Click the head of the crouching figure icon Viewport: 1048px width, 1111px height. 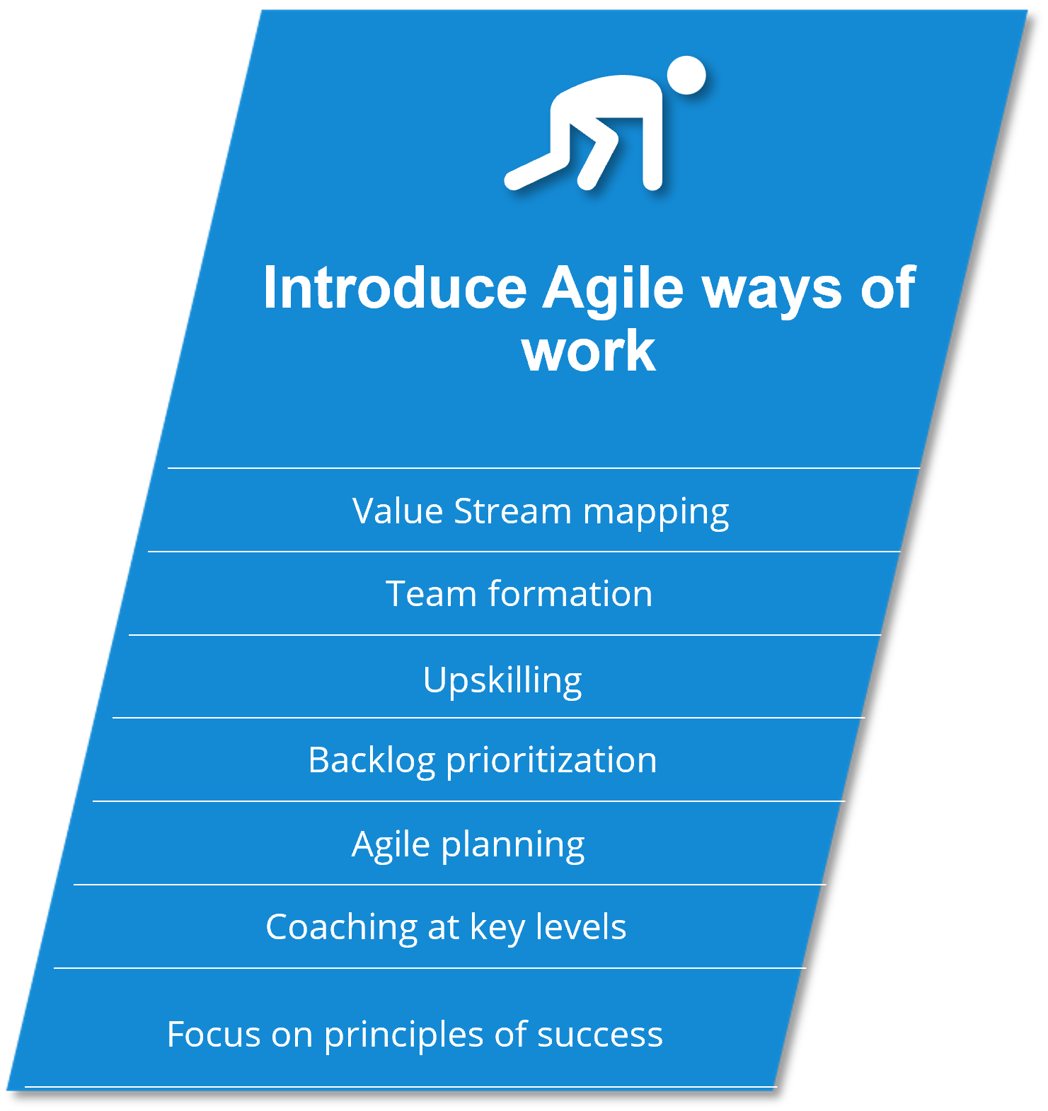(686, 75)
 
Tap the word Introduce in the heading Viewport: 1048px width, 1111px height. (395, 288)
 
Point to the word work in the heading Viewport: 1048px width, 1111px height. (589, 351)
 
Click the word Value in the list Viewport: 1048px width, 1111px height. (397, 511)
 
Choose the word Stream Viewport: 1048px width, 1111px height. (512, 511)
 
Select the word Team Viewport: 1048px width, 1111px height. (431, 593)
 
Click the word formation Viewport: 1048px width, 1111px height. (570, 593)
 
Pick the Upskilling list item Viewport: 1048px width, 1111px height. (502, 681)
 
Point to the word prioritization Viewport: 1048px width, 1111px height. (551, 762)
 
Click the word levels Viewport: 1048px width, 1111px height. (581, 927)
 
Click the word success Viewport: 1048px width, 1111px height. (600, 1036)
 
